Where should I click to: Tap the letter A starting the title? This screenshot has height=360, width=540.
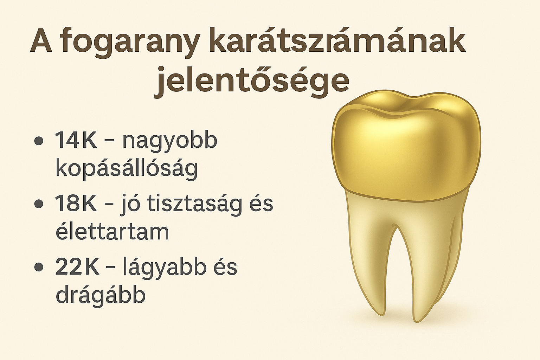point(41,41)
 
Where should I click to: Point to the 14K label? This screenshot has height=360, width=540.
point(76,140)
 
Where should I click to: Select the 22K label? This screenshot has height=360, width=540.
point(77,267)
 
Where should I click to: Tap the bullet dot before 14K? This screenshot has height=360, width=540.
point(39,141)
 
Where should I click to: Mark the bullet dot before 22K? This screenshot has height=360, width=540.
point(39,267)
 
